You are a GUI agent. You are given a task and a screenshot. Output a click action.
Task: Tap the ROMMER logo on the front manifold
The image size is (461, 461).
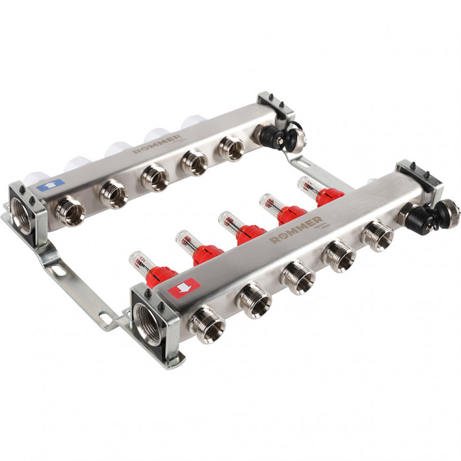pos(296,229)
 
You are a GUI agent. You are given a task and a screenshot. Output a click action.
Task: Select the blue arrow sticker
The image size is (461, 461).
pos(51,186)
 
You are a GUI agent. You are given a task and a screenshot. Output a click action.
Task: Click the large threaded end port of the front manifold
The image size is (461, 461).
pos(148,323)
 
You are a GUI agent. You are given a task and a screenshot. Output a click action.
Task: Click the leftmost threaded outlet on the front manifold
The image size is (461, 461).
pos(206,324)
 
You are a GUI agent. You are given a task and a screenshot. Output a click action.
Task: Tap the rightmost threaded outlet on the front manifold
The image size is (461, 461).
pos(377,234)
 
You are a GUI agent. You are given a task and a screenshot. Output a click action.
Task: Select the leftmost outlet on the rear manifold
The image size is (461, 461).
pos(69,210)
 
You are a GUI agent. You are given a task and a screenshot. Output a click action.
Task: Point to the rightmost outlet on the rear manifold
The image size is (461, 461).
pos(231,148)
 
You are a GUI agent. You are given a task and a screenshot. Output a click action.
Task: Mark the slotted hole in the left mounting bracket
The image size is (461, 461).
pos(57,270)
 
